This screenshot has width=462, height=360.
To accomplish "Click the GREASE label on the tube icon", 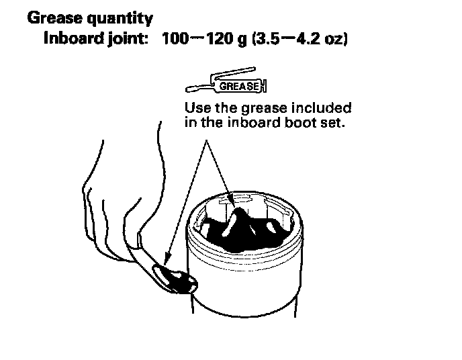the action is tap(236, 86).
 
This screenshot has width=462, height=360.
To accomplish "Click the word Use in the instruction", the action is tap(197, 107).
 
